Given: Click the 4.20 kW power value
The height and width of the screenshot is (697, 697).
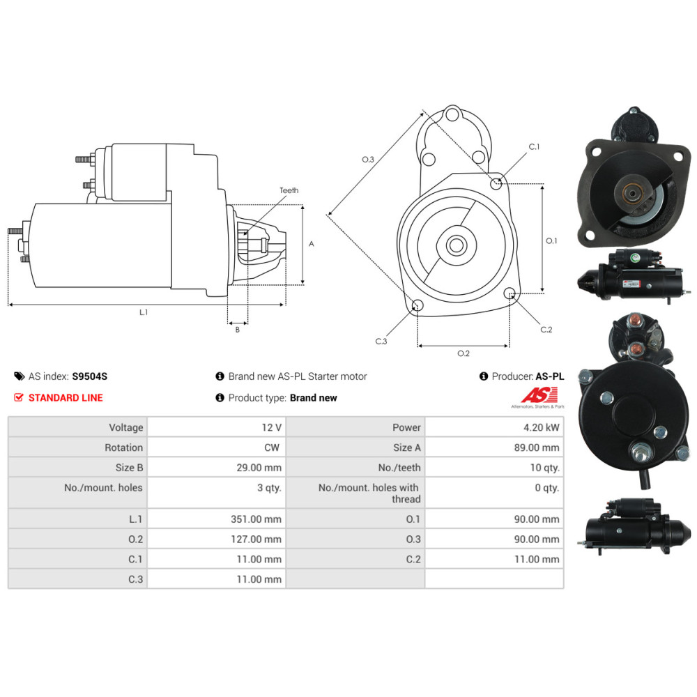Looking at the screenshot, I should (x=544, y=427).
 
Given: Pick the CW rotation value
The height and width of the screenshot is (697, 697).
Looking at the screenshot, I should (x=273, y=447).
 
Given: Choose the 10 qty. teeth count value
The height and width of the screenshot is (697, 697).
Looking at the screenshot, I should (x=544, y=468).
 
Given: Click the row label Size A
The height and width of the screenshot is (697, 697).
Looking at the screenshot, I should (x=407, y=447).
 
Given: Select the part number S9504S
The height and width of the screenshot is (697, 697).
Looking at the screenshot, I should (x=90, y=376).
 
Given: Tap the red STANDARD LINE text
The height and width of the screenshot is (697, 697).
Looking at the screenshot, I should (x=66, y=398).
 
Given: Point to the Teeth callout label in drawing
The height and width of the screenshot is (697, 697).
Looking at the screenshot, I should (x=289, y=190).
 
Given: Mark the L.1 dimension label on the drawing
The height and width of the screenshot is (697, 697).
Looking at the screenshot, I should (x=144, y=313).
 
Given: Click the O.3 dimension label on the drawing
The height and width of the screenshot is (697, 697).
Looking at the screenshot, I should (x=368, y=160).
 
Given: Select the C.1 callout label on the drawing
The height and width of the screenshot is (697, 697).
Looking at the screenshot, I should (x=535, y=147).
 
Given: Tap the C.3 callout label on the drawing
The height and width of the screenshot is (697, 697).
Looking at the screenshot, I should (x=381, y=341).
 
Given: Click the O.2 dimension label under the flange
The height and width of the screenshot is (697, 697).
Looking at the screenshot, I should (x=464, y=353).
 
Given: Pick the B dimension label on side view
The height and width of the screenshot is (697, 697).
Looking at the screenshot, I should (x=237, y=330).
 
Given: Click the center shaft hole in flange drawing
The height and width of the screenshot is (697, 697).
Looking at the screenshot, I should (x=457, y=245).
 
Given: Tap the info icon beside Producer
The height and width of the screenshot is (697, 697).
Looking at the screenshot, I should (x=484, y=376).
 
